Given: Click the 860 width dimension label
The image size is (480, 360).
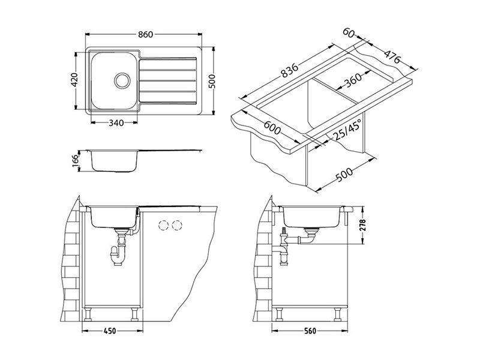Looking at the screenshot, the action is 145,35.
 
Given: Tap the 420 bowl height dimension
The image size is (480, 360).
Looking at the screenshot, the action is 75,80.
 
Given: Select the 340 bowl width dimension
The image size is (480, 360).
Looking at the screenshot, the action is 116,123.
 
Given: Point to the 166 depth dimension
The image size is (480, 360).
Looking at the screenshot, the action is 76,161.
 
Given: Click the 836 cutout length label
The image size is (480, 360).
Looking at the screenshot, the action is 289,70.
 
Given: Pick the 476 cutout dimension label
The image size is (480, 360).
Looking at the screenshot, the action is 392,56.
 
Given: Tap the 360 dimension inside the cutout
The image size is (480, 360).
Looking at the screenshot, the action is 353,80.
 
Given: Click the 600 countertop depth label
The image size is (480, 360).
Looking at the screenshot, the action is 272,128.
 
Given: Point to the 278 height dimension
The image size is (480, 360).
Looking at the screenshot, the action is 363,226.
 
